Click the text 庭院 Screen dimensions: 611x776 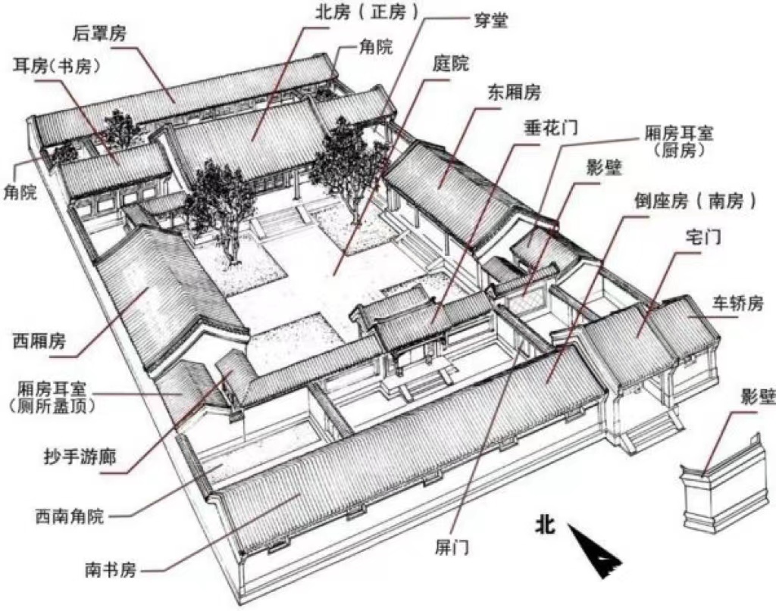click(451, 64)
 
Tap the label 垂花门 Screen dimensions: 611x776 click(551, 126)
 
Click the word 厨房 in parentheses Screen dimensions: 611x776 click(679, 151)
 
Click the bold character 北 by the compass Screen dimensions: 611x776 click(545, 524)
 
